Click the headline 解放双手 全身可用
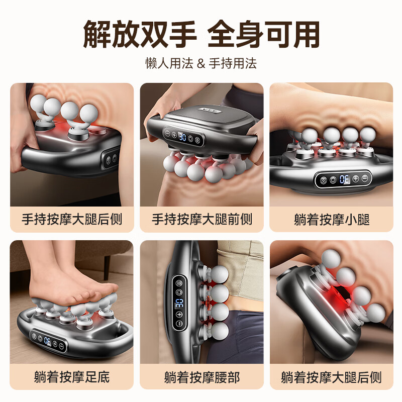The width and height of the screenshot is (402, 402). pos(201,34)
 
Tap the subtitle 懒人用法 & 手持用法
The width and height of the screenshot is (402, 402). pos(201,63)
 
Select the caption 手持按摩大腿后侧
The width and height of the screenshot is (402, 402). pos(72,220)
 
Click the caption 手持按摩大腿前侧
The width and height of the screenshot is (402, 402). pos(202,220)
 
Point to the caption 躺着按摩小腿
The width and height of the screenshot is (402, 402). pos(331,220)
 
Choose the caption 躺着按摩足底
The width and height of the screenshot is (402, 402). pos(72,376)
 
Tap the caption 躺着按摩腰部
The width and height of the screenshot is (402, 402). pos(202,376)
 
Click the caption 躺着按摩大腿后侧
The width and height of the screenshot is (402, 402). pos(331,376)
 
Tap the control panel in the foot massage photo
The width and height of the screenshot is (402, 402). pos(47,340)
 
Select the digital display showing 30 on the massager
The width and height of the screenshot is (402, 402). pos(183,136)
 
